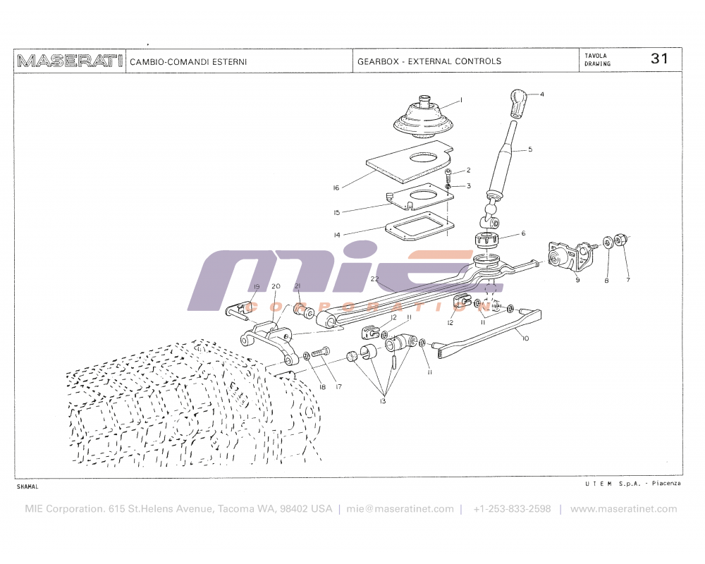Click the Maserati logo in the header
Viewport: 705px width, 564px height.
[x=69, y=61]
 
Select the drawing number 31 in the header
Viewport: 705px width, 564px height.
[x=659, y=59]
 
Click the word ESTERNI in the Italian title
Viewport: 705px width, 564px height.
[x=229, y=62]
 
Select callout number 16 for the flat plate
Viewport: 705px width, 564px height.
[x=336, y=188]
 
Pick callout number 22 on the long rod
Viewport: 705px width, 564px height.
[x=375, y=279]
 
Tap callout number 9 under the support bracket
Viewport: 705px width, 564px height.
[x=577, y=281]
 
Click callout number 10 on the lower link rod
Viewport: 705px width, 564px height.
[x=525, y=338]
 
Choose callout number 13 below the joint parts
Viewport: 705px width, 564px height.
[x=382, y=401]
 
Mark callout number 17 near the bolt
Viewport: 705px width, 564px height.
[x=338, y=387]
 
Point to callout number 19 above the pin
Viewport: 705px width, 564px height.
[x=257, y=287]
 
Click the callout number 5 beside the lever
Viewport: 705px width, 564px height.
[x=530, y=149]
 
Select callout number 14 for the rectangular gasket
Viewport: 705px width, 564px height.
[x=336, y=235]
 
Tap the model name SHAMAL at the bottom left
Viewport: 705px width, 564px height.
[x=28, y=486]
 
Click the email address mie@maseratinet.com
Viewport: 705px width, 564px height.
[x=400, y=509]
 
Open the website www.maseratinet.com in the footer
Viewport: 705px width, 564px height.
[x=623, y=509]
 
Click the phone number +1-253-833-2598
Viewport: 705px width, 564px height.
[x=512, y=509]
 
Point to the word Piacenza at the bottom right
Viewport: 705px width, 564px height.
[x=666, y=484]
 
